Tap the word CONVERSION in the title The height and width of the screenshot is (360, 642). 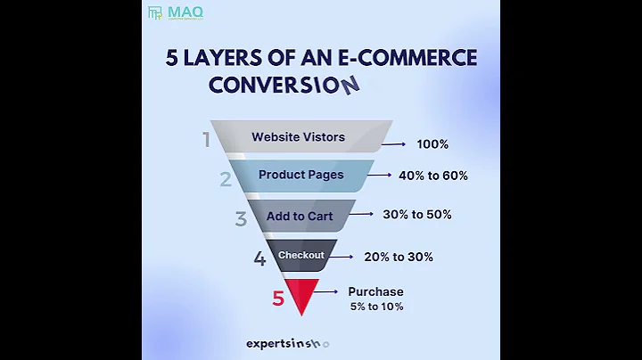click(284, 85)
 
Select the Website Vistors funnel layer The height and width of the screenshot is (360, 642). click(298, 137)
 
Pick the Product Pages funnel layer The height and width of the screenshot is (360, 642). click(300, 176)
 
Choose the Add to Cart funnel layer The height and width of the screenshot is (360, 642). click(300, 216)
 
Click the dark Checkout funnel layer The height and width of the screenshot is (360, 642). click(300, 256)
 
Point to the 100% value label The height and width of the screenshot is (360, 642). click(432, 144)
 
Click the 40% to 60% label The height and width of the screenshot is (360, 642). click(434, 176)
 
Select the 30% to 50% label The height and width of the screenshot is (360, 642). click(416, 215)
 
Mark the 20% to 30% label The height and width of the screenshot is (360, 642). click(398, 257)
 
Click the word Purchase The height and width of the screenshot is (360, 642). click(375, 291)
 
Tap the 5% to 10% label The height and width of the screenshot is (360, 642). click(376, 307)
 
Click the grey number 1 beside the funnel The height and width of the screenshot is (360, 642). click(206, 140)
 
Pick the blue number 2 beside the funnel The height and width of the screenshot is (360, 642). click(226, 179)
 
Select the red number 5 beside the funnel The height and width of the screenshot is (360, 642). click(278, 299)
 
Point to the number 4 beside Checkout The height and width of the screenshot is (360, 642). click(259, 259)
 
